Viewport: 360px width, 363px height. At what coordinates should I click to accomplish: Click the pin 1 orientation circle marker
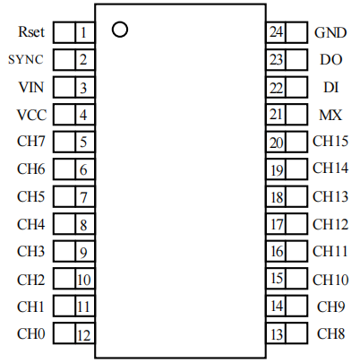point(114,30)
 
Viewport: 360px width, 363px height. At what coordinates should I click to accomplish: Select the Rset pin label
point(31,32)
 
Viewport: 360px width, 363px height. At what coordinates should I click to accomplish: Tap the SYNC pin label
point(26,59)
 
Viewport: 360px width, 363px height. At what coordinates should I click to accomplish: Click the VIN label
point(31,87)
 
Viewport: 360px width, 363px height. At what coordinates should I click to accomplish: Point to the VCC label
point(31,115)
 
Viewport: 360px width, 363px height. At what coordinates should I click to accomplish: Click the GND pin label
point(330,32)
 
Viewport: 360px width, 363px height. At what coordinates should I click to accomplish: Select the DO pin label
point(331,60)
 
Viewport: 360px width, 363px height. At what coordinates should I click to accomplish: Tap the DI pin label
point(331,87)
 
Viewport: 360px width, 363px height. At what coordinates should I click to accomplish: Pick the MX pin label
point(330,115)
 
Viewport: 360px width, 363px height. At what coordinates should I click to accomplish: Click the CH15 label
point(330,141)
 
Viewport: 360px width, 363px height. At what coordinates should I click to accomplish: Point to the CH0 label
point(31,333)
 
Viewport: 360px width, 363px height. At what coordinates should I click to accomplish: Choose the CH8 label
point(331,333)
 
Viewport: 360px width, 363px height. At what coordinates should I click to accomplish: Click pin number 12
point(84,335)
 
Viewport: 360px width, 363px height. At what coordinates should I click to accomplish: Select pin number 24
point(276,31)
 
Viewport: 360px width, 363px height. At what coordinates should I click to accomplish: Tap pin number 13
point(277,334)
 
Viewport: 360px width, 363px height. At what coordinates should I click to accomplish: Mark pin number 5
point(83,143)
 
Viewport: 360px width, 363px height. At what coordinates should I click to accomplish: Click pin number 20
point(276,143)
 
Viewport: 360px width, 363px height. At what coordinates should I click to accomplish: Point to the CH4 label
point(31,224)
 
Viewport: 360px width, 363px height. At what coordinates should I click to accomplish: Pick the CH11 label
point(330,251)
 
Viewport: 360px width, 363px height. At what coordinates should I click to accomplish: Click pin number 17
point(277,225)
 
